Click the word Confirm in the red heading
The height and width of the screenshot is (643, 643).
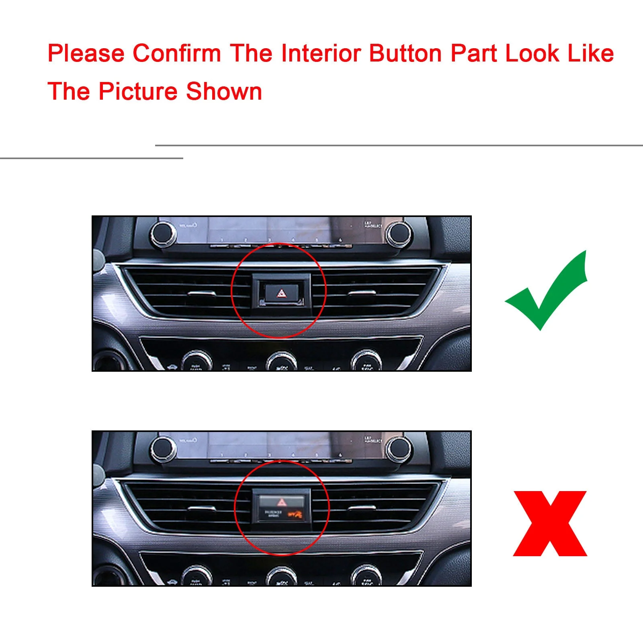(177, 53)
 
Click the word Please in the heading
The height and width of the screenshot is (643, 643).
(86, 53)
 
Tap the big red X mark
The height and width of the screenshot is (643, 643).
(550, 523)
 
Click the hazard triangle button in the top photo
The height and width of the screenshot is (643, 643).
(281, 294)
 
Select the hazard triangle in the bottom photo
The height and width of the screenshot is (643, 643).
(281, 502)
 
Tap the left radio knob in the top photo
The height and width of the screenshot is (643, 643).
(163, 234)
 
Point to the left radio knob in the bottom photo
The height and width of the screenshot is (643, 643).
(163, 448)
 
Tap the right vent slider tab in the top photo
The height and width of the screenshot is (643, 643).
(362, 293)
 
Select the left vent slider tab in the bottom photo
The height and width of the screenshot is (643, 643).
(201, 509)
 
